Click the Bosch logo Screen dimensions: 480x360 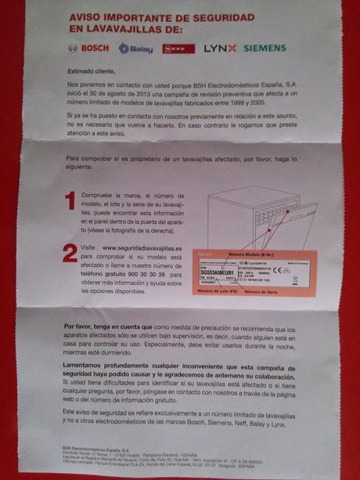click(88, 49)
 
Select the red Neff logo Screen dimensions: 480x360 click(178, 49)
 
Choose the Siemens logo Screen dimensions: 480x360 click(265, 49)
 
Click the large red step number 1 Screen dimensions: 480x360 click(70, 201)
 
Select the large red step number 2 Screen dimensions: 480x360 click(70, 253)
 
